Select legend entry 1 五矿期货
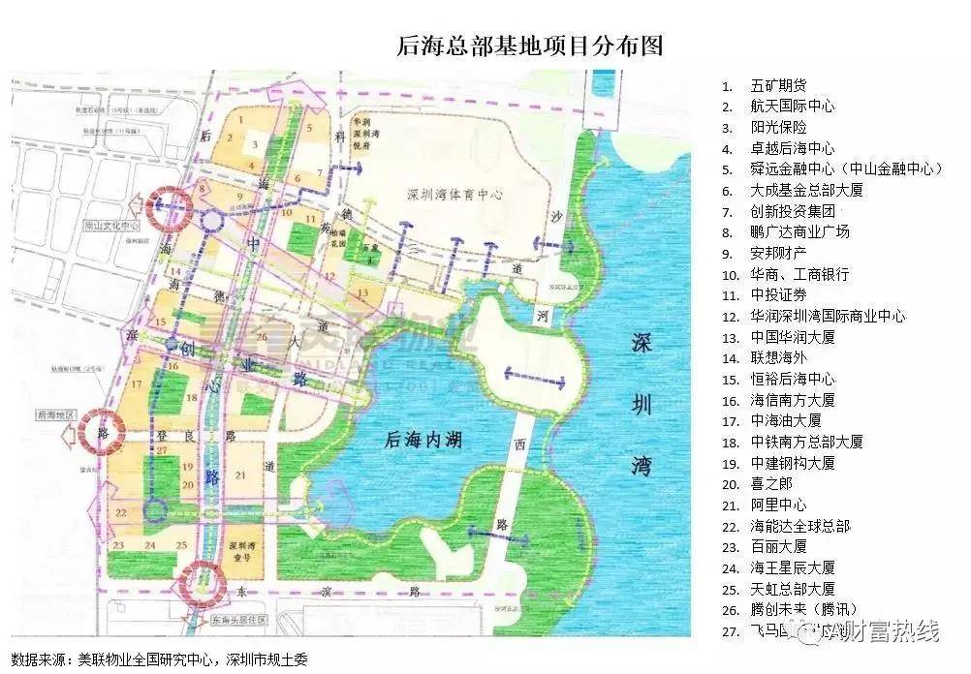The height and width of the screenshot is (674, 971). coord(778,86)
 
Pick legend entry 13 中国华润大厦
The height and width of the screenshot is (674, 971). coord(792,337)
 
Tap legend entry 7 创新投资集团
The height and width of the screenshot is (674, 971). coord(792,211)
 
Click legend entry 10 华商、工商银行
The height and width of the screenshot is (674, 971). coord(799,274)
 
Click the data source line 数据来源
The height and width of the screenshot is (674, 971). coord(160,659)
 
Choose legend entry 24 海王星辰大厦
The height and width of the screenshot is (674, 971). coord(792,567)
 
